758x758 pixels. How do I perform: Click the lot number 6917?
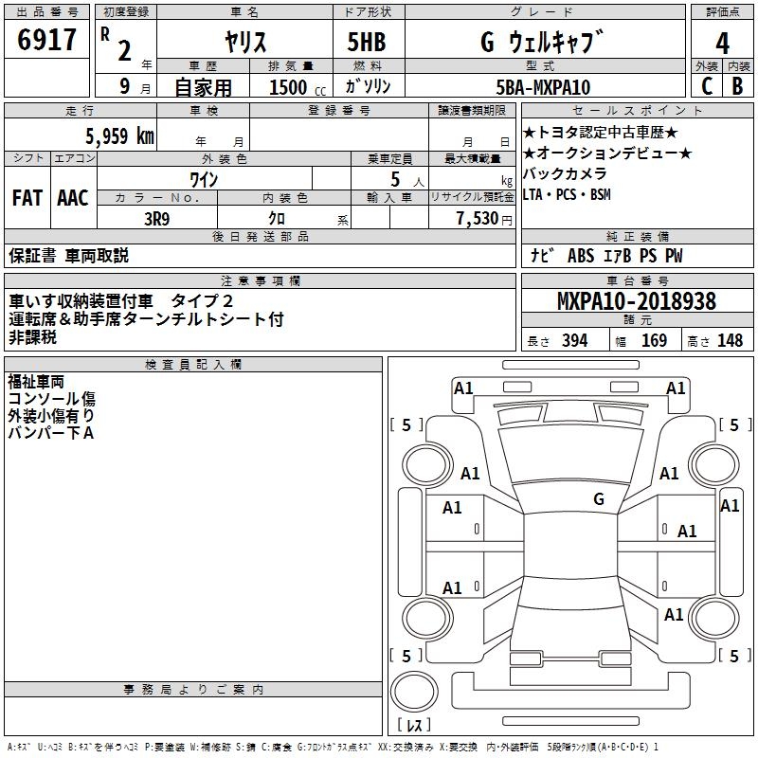(x=47, y=40)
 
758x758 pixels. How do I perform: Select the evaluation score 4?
(x=723, y=44)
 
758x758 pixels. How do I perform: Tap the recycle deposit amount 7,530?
(x=478, y=219)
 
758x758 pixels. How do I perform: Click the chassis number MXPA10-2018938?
(x=636, y=301)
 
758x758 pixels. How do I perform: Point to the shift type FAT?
(x=27, y=198)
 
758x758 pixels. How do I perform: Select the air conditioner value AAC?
(x=72, y=198)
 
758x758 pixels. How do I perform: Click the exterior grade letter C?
(x=706, y=85)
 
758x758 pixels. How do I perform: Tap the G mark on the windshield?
(x=599, y=498)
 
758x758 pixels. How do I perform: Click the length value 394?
(x=574, y=341)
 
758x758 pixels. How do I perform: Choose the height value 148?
(x=730, y=341)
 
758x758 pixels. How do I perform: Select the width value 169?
(x=654, y=341)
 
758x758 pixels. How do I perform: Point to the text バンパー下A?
(x=51, y=432)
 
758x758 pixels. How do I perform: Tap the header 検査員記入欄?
(x=193, y=365)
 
